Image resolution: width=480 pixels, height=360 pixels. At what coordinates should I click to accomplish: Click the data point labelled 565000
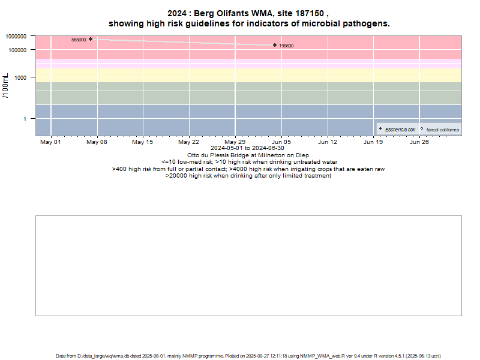(x=91, y=39)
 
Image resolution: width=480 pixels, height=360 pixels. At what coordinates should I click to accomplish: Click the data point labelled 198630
(x=275, y=45)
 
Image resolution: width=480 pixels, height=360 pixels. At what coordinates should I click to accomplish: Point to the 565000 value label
(x=79, y=40)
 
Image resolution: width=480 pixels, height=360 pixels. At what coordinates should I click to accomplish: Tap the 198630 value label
(x=286, y=46)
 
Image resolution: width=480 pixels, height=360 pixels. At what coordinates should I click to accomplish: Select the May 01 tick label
(x=50, y=142)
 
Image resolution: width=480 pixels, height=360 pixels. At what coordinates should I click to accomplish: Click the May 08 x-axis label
(x=97, y=142)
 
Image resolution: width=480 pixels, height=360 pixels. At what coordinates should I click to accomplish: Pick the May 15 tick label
(x=143, y=142)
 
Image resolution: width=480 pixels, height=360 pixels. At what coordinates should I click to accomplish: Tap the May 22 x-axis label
(x=189, y=142)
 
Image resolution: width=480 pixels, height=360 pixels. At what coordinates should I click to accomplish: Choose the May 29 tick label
(x=235, y=142)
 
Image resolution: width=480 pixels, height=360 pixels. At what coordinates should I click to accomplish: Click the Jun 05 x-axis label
(x=281, y=142)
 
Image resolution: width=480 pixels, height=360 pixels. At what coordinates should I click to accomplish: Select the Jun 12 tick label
(x=327, y=142)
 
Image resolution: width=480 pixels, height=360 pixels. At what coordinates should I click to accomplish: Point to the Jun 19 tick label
(x=373, y=142)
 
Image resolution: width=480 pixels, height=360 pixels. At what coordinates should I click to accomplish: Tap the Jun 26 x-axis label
(x=419, y=142)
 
